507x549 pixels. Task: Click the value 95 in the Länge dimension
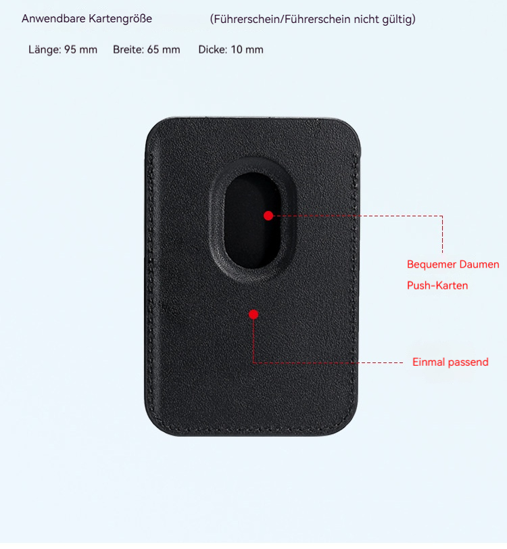point(70,49)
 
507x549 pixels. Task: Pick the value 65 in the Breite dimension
point(153,49)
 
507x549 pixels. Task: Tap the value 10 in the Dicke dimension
point(237,49)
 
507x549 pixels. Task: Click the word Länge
point(45,49)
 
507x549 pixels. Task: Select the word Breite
point(128,49)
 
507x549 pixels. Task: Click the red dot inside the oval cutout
point(268,216)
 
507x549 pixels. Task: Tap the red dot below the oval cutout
point(254,314)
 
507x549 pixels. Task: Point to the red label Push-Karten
point(437,285)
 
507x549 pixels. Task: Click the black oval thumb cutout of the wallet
point(252,220)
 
